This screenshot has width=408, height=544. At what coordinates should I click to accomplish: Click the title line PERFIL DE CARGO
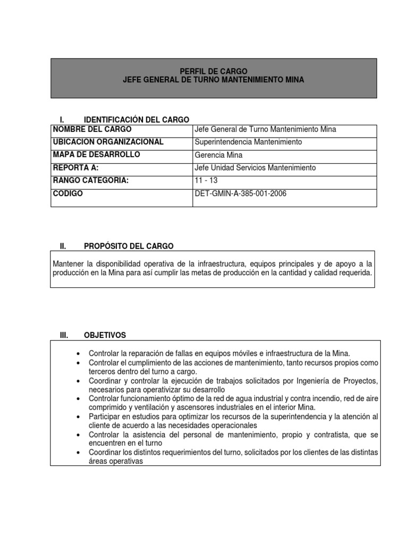[x=213, y=71]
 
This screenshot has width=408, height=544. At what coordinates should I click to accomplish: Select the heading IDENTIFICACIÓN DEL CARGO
[x=137, y=120]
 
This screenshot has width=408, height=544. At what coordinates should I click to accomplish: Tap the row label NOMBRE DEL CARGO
[x=92, y=129]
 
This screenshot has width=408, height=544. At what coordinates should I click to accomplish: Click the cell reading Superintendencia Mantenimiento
[x=249, y=142]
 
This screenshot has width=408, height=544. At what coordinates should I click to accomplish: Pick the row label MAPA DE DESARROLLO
[x=97, y=155]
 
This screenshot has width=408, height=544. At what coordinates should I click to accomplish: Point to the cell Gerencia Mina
[x=219, y=155]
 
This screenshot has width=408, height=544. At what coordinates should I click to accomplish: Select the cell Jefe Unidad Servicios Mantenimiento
[x=256, y=168]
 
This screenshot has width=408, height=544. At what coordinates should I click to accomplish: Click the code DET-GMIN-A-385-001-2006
[x=241, y=193]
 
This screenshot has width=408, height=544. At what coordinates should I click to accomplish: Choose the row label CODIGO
[x=68, y=193]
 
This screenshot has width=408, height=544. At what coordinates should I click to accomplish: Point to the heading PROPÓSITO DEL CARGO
[x=129, y=246]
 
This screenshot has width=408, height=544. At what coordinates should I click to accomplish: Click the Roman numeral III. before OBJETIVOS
[x=64, y=335]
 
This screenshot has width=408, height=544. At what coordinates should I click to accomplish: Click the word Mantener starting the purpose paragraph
[x=69, y=263]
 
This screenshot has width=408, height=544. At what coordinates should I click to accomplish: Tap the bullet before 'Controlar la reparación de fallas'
[x=79, y=353]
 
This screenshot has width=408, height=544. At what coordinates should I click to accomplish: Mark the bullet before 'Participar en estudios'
[x=79, y=418]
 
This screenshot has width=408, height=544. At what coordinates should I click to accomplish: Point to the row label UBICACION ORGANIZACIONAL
[x=108, y=142]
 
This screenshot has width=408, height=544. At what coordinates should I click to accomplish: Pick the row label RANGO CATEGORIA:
[x=91, y=181]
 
